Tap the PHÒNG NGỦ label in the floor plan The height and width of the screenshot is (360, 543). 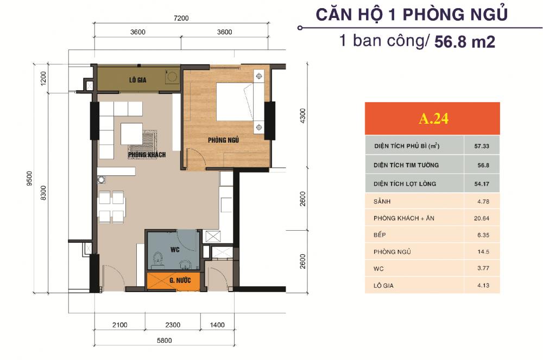(224, 141)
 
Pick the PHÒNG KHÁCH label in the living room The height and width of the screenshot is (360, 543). (147, 155)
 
